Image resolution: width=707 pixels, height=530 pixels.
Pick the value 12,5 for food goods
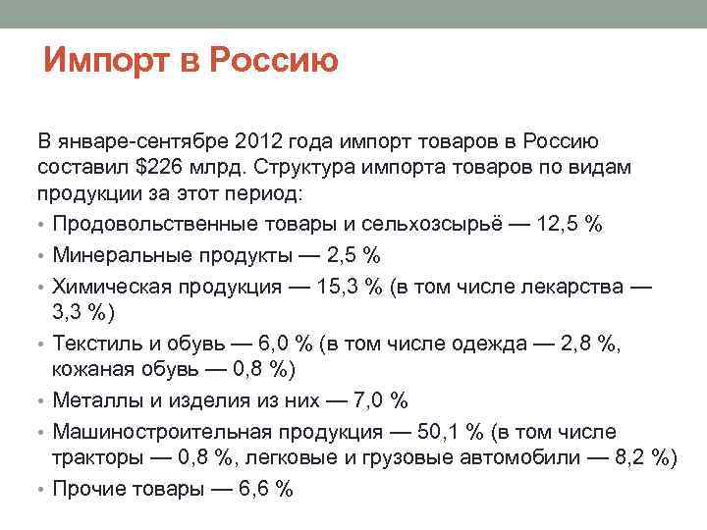click(559, 224)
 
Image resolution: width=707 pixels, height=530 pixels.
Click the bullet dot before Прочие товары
click(43, 489)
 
